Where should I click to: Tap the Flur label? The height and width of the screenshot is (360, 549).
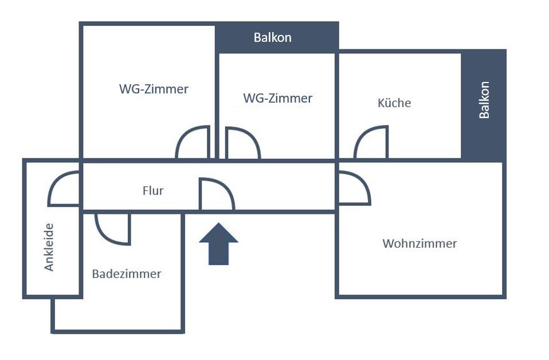point(153,191)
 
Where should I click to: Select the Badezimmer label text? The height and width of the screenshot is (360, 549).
point(127,274)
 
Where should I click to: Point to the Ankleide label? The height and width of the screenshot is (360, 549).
point(49,246)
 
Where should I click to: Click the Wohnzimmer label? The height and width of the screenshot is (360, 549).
point(419,244)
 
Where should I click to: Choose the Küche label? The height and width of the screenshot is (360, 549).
point(394,103)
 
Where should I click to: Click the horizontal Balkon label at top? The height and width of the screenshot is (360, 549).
point(272,38)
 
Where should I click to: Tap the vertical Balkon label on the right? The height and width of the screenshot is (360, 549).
point(484,100)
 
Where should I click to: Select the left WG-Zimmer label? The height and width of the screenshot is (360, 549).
point(154,89)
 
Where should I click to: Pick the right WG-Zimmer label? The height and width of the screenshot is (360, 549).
point(278,99)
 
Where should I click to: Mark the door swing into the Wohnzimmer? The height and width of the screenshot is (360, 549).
point(353,188)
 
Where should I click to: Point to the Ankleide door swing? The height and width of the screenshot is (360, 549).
point(64,189)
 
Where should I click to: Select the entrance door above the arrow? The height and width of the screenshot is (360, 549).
point(215,195)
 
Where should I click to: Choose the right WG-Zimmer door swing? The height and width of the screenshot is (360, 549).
point(241,143)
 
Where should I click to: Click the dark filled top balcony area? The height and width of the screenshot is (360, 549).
point(309,38)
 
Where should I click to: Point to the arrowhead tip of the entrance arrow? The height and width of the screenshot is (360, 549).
point(218,224)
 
